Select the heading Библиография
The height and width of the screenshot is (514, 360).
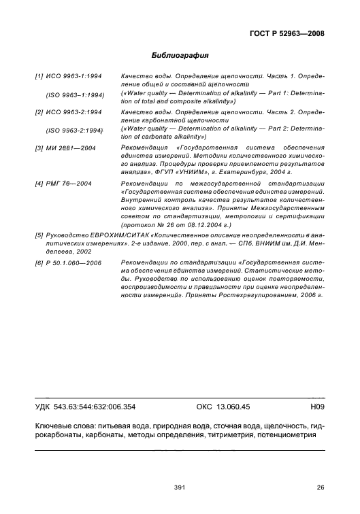179,56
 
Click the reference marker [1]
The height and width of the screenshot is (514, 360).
39,78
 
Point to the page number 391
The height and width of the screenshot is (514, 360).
180,486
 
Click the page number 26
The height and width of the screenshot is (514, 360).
321,486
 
